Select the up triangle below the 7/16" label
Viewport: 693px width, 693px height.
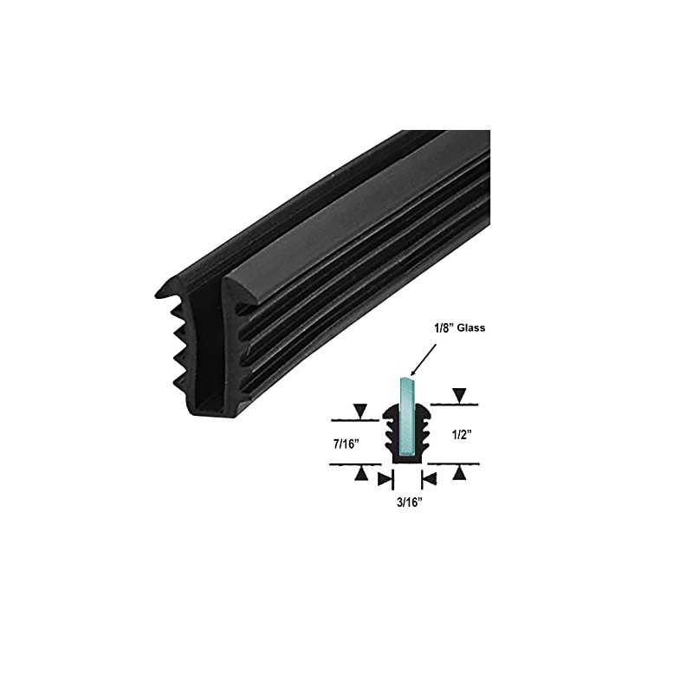[359, 473]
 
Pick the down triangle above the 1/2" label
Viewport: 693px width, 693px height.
[459, 398]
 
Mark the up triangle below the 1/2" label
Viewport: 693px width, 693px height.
[459, 473]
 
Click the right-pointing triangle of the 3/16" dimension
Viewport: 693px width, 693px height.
[383, 478]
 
